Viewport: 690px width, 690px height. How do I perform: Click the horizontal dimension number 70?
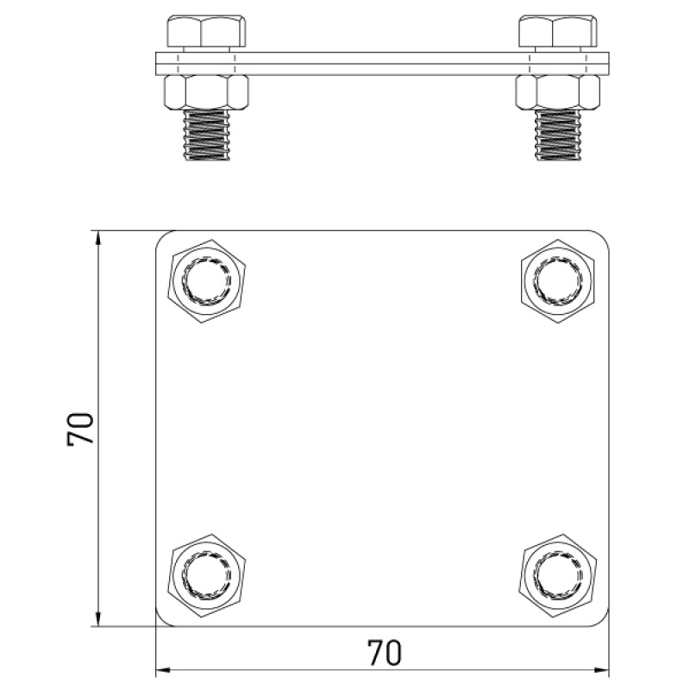click(x=384, y=653)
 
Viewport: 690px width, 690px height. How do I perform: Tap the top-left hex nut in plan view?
click(x=206, y=281)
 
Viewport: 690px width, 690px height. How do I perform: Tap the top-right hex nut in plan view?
click(x=558, y=281)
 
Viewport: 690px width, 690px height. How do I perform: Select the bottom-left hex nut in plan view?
click(x=206, y=574)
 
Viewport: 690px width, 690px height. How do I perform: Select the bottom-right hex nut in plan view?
click(x=558, y=574)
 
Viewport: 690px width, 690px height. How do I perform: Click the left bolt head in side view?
click(x=206, y=31)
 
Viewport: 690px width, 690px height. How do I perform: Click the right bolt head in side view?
click(x=558, y=31)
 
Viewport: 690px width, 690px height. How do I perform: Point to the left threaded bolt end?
click(x=206, y=135)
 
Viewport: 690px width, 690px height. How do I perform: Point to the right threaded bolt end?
click(x=558, y=135)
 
